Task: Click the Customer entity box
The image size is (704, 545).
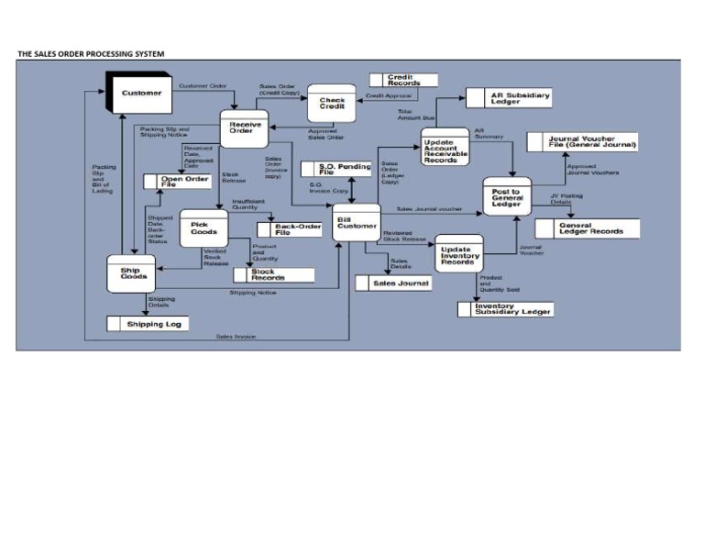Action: (x=141, y=94)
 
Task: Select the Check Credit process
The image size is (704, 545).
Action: (x=332, y=106)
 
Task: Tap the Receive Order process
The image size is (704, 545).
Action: (x=244, y=128)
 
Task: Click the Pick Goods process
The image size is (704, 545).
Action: (x=203, y=228)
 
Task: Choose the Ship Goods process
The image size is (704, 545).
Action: (x=132, y=272)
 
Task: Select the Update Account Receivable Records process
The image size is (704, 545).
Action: (x=445, y=147)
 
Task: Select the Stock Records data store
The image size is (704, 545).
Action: (x=274, y=274)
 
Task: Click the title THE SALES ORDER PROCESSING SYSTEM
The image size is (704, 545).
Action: (x=91, y=54)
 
